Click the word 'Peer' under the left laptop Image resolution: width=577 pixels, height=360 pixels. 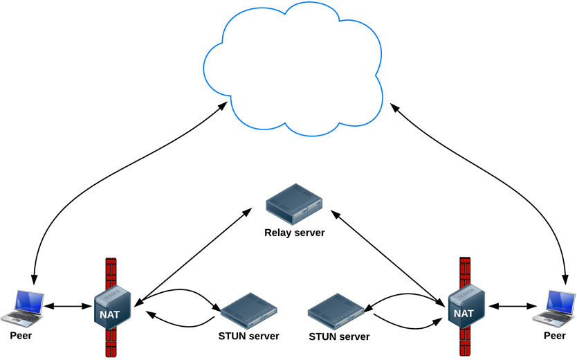21,336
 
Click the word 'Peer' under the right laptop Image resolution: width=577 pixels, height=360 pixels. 554,336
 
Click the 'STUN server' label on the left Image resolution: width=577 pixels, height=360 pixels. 248,336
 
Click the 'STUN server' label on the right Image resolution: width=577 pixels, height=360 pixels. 339,337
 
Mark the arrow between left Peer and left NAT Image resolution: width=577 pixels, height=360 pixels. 69,305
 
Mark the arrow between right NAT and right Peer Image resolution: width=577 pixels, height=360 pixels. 512,305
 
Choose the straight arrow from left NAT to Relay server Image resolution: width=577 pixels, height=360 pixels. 194,256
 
